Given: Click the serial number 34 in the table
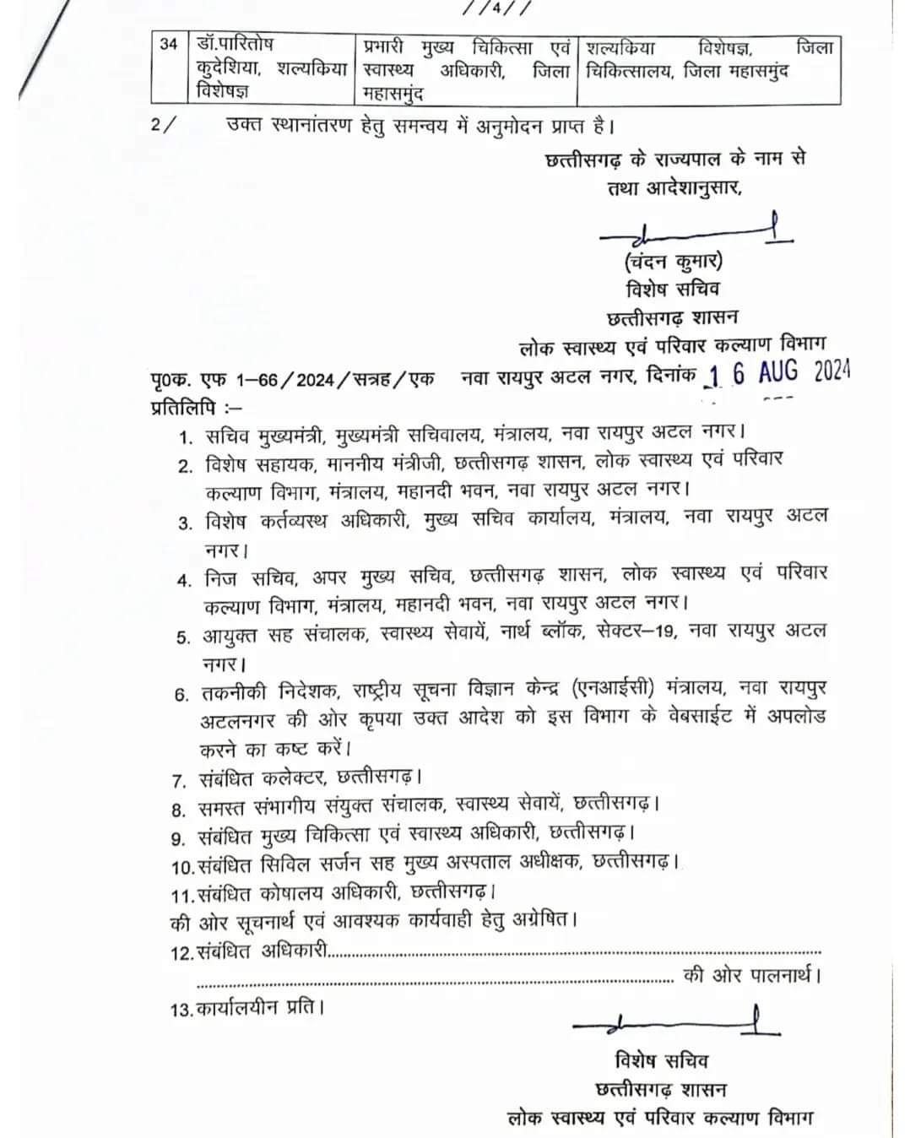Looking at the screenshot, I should click(169, 44).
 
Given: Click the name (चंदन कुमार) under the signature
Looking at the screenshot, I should click(674, 261).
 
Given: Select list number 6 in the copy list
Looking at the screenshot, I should click(181, 695).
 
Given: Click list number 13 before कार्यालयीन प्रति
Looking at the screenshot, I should click(181, 1009).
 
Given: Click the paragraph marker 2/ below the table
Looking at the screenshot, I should click(164, 124).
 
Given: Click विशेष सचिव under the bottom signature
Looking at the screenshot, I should click(661, 1060).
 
